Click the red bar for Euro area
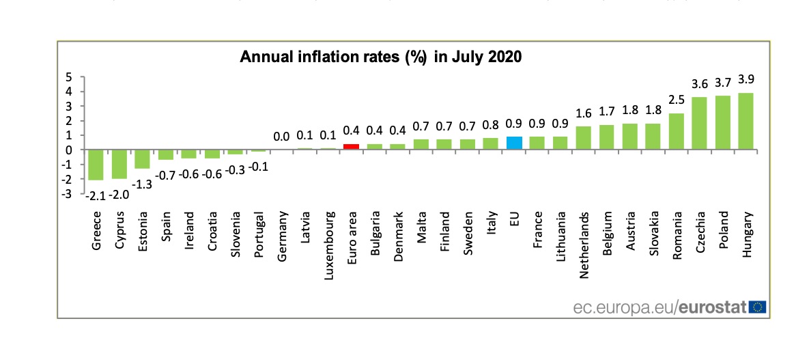[352, 146]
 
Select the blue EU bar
[514, 143]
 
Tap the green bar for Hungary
[746, 121]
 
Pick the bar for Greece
[96, 165]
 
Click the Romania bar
[677, 131]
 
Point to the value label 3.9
[746, 80]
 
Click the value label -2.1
[96, 195]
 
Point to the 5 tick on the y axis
[68, 77]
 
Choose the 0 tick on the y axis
[68, 150]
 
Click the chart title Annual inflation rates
[380, 57]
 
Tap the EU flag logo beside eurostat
[757, 307]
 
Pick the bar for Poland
[722, 122]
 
